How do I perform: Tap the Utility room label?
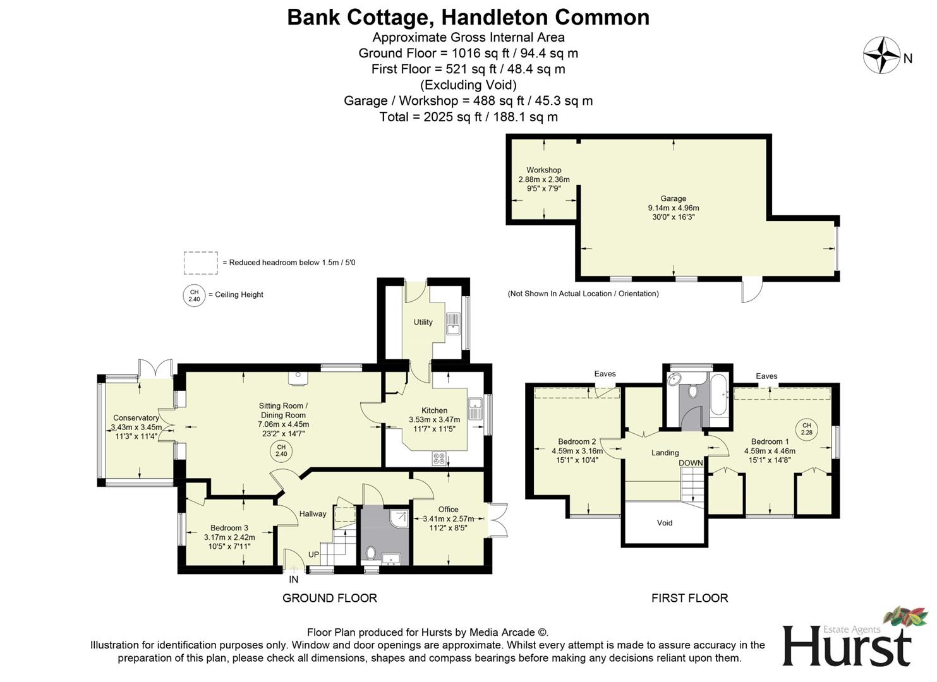click(423, 322)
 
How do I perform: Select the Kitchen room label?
click(434, 410)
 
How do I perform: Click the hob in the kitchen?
click(438, 459)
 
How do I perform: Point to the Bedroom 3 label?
click(229, 528)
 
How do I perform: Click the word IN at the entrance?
click(293, 579)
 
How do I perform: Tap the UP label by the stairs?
click(313, 554)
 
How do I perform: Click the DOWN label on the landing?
click(691, 463)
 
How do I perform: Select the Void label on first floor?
click(665, 523)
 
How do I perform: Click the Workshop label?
click(543, 170)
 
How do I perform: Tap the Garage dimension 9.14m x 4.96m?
click(673, 208)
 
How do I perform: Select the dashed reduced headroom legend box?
click(200, 263)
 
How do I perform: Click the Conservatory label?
click(136, 418)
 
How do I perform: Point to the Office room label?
click(448, 510)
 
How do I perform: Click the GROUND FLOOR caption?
click(329, 598)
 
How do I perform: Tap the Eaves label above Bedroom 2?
click(605, 374)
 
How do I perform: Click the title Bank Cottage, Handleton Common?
click(468, 17)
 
